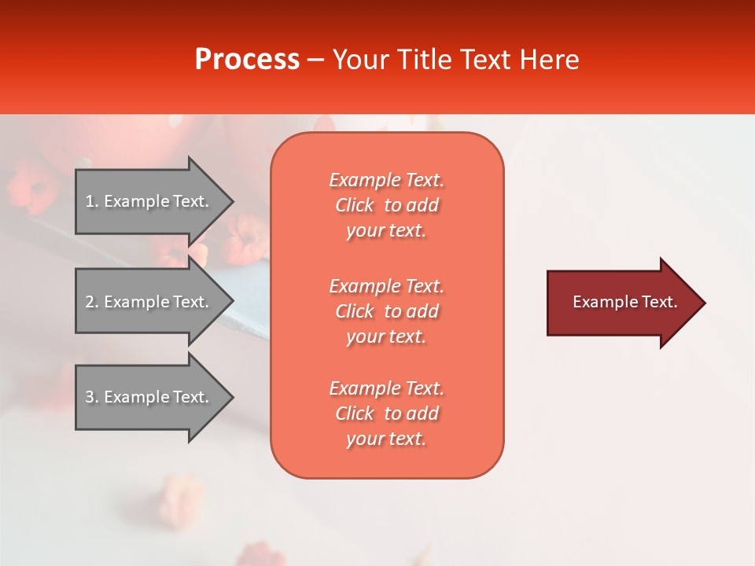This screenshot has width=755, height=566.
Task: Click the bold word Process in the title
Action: pos(247,60)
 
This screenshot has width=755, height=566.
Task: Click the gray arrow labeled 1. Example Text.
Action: pos(149,201)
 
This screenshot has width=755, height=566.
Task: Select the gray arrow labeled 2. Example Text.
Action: pos(149,302)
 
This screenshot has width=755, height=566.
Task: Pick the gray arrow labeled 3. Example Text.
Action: pos(149,397)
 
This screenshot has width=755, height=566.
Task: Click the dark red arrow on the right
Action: pos(621,303)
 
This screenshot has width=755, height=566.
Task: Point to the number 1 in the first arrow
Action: pos(90,201)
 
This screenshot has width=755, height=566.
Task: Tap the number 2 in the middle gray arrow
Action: pos(90,302)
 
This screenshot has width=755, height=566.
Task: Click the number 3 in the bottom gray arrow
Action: pos(90,397)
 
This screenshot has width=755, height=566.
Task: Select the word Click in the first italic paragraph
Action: pos(355,206)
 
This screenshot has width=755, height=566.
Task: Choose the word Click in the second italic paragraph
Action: pos(355,311)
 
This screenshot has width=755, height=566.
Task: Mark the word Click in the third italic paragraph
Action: pos(355,413)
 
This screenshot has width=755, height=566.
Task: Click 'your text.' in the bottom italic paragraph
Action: pos(386,439)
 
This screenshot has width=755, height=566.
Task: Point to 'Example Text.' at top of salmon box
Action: pos(386,180)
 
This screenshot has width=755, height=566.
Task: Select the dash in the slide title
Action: pos(316,61)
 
